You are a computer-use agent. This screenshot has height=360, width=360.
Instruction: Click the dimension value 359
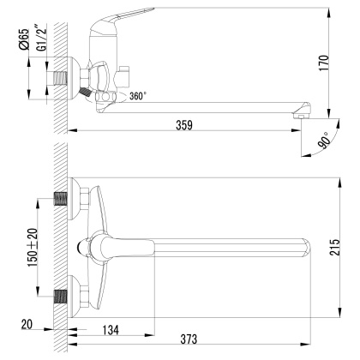click(x=184, y=125)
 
